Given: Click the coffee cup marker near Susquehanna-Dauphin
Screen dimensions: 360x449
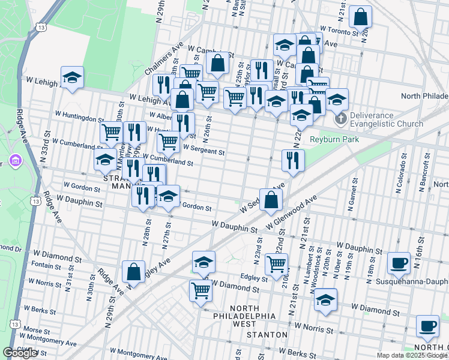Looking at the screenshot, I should coord(399,263).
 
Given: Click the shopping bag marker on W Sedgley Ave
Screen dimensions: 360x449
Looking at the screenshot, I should coord(271,200).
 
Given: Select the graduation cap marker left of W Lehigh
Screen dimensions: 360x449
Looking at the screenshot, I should coord(72,78).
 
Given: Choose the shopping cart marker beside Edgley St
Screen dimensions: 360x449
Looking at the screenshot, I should coord(276,264).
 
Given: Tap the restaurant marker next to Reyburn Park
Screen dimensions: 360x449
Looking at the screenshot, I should coord(293,161).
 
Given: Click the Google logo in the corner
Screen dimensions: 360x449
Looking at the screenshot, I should coord(20,353).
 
